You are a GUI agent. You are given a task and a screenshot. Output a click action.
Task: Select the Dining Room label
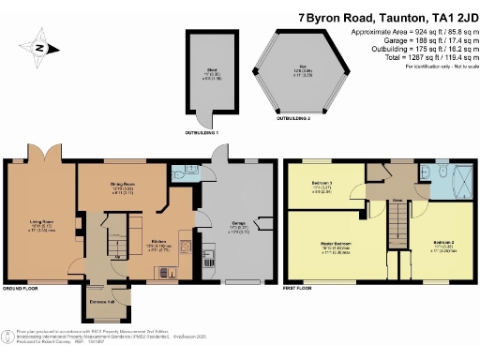pyautogui.click(x=112, y=188)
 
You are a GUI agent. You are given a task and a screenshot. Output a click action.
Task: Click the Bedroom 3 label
pyautogui.click(x=321, y=187)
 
